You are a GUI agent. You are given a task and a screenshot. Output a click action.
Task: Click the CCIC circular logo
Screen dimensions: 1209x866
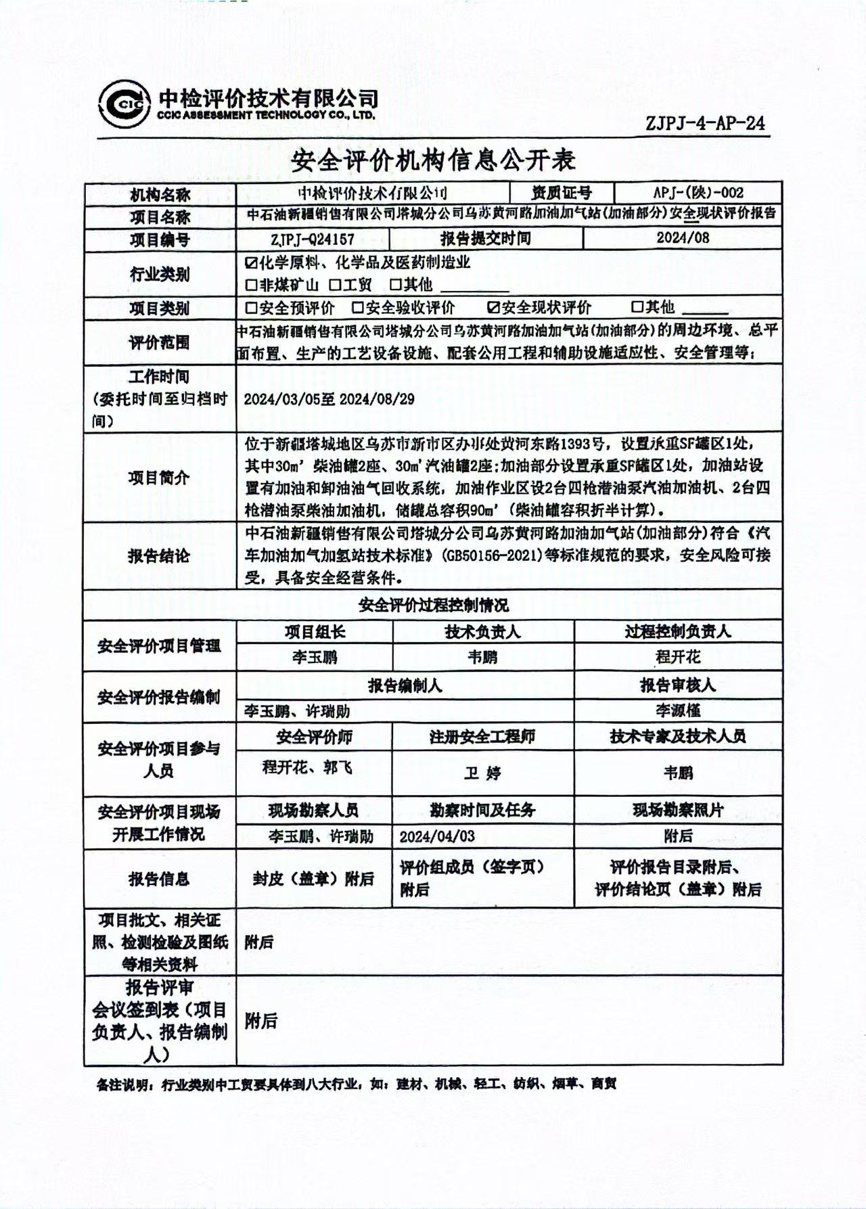pyautogui.click(x=124, y=104)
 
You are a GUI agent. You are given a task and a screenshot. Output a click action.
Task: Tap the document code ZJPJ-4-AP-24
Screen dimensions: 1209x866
pyautogui.click(x=705, y=123)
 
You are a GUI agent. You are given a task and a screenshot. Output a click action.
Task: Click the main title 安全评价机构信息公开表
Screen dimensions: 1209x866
pyautogui.click(x=433, y=160)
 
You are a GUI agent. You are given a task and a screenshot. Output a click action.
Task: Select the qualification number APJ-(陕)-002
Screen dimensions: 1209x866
pyautogui.click(x=698, y=193)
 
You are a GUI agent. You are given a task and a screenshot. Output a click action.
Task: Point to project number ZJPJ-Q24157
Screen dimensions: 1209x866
pyautogui.click(x=313, y=239)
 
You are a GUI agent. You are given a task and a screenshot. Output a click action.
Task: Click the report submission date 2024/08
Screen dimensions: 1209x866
pyautogui.click(x=683, y=237)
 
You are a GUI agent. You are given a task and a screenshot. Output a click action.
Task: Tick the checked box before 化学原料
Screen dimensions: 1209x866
pyautogui.click(x=252, y=262)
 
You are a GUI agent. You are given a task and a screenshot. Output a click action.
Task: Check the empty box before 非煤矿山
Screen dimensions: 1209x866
pyautogui.click(x=252, y=286)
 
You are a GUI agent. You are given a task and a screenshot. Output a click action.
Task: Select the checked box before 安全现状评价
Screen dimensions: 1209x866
pyautogui.click(x=493, y=309)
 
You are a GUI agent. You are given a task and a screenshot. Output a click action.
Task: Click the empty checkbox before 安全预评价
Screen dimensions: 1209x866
pyautogui.click(x=252, y=309)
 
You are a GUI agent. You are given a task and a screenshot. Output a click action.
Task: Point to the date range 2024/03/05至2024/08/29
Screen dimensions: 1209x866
pyautogui.click(x=329, y=399)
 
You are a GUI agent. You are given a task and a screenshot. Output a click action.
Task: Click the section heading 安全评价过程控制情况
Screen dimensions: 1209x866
pyautogui.click(x=433, y=605)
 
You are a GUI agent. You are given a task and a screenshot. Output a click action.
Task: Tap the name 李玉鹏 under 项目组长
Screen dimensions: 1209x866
pyautogui.click(x=315, y=657)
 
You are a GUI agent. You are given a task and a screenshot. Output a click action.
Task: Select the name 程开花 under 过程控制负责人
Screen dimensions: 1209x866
pyautogui.click(x=678, y=657)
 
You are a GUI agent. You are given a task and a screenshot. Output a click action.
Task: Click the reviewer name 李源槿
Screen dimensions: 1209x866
pyautogui.click(x=677, y=710)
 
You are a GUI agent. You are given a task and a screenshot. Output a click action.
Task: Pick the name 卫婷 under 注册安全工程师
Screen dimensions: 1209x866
pyautogui.click(x=482, y=772)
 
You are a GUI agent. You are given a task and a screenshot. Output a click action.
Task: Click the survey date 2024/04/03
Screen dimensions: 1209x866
pyautogui.click(x=437, y=836)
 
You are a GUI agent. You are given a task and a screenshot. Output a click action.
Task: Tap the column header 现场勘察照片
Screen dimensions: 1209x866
pyautogui.click(x=678, y=810)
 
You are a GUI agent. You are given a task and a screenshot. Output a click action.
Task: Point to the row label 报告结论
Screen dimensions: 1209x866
pyautogui.click(x=159, y=556)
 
